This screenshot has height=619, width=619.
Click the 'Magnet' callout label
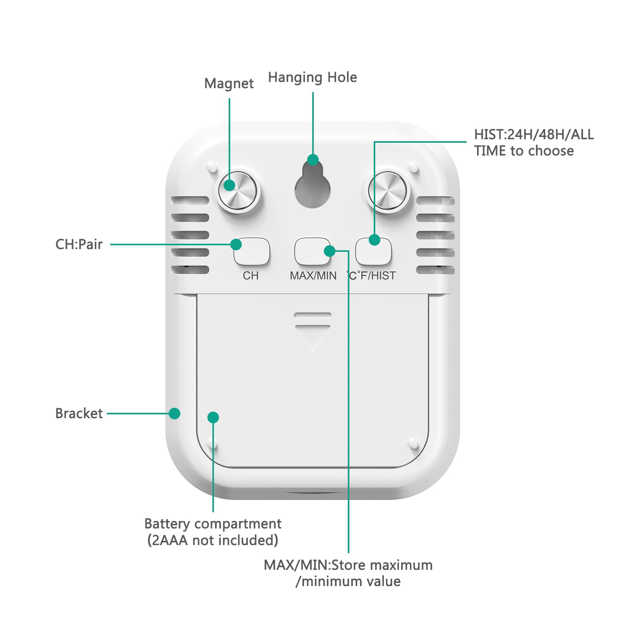229,84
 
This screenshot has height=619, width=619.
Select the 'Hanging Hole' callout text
312,77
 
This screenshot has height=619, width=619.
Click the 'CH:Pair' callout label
79,245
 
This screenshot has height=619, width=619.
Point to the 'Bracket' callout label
79,414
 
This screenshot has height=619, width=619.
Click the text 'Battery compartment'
213,524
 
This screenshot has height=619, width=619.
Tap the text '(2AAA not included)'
213,540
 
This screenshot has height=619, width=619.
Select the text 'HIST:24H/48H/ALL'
534,135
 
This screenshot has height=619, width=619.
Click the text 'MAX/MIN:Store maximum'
348,565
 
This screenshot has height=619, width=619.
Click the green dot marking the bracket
174,414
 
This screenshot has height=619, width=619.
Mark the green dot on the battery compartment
213,417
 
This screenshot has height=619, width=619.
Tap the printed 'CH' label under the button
251,276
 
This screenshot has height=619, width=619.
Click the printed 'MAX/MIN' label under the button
313,276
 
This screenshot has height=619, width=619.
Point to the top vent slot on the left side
190,200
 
